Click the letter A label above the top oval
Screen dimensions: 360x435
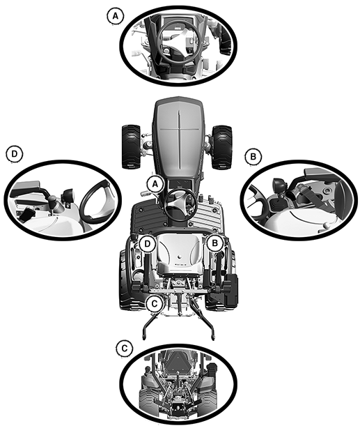115,16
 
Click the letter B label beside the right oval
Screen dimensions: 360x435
253,156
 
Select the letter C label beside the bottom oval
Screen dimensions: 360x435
125,348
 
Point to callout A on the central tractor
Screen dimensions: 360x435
155,184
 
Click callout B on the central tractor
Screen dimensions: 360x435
215,243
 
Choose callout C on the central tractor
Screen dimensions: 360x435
155,303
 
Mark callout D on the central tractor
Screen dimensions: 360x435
147,244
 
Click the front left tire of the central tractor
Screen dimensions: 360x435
132,146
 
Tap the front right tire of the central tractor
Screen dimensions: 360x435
221,147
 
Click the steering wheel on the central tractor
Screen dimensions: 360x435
180,204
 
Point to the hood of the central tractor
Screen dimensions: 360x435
179,139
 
